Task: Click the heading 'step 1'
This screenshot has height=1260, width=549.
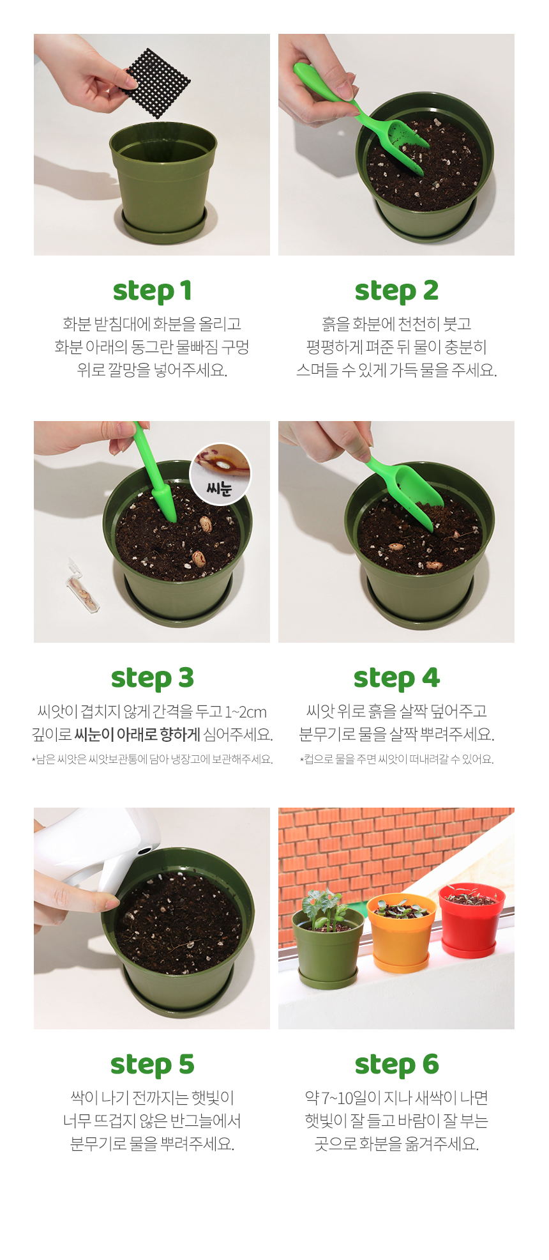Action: (x=152, y=291)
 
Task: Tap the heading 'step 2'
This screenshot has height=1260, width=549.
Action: (x=396, y=291)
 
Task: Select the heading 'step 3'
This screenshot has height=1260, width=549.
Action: (x=152, y=678)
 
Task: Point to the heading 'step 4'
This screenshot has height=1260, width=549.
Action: (x=396, y=678)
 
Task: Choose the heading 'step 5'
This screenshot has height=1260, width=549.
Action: (x=152, y=1064)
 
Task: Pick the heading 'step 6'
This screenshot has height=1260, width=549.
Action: (x=396, y=1064)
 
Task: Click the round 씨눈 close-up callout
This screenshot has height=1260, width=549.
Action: (x=220, y=474)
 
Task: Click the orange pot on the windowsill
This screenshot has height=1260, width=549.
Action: (x=401, y=932)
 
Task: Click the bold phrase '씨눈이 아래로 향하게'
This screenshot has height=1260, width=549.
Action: (x=137, y=735)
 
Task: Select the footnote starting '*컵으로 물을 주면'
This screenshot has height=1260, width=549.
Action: (x=396, y=760)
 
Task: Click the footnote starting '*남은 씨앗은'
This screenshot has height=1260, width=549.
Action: (x=152, y=760)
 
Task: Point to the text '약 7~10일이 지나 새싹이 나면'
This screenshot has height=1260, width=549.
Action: (x=396, y=1098)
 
